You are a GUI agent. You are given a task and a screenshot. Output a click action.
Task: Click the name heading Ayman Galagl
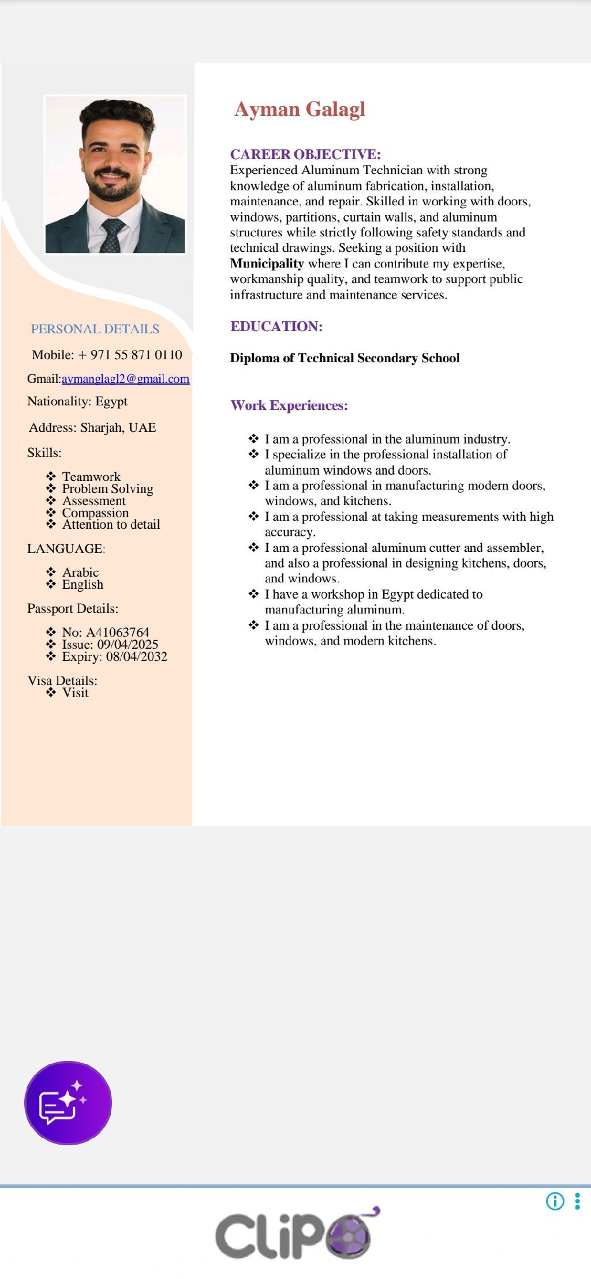(x=300, y=110)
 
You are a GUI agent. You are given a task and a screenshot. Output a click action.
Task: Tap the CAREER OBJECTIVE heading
(x=305, y=155)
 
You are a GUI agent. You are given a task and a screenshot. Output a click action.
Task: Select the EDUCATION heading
(x=276, y=326)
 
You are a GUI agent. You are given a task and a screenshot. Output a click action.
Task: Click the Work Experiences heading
(x=289, y=405)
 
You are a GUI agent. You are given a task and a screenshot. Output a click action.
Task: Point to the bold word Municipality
(x=267, y=264)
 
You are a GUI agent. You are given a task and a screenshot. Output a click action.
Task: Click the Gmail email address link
(x=125, y=379)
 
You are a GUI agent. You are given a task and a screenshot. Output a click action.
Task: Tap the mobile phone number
(x=130, y=355)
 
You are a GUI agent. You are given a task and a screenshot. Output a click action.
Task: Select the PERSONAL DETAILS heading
(x=95, y=329)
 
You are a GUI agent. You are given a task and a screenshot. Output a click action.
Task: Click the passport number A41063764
(x=117, y=632)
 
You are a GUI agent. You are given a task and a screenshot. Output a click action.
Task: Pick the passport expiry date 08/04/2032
(x=136, y=656)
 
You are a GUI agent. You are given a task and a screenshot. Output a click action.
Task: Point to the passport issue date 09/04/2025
(x=128, y=644)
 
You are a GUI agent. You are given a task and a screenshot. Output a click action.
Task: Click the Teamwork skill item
(x=91, y=476)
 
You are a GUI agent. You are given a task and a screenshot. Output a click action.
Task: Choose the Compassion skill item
(x=95, y=513)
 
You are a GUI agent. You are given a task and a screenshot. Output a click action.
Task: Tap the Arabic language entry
(x=80, y=572)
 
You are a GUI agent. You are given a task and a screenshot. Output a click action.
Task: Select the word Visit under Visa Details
(x=76, y=693)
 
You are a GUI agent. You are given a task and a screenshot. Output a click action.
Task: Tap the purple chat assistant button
(x=68, y=1103)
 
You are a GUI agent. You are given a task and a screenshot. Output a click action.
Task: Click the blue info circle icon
(x=555, y=1201)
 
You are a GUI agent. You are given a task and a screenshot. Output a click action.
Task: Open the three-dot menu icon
(x=577, y=1201)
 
